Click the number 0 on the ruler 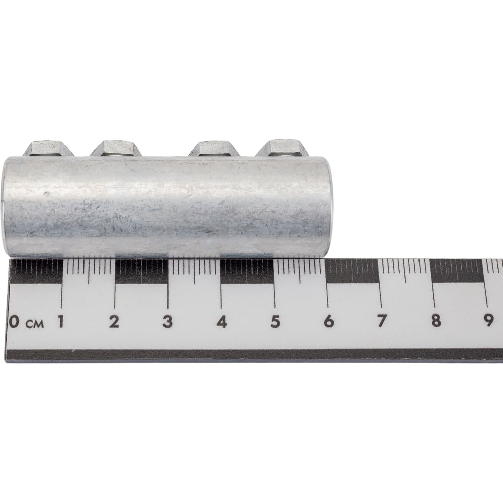click(x=14, y=321)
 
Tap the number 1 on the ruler click(x=61, y=321)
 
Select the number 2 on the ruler click(x=114, y=322)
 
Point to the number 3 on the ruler click(x=167, y=322)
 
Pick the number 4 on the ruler click(x=222, y=322)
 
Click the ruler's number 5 click(x=275, y=322)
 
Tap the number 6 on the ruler click(x=329, y=321)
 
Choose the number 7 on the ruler click(x=382, y=321)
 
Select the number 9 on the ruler click(x=488, y=320)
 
